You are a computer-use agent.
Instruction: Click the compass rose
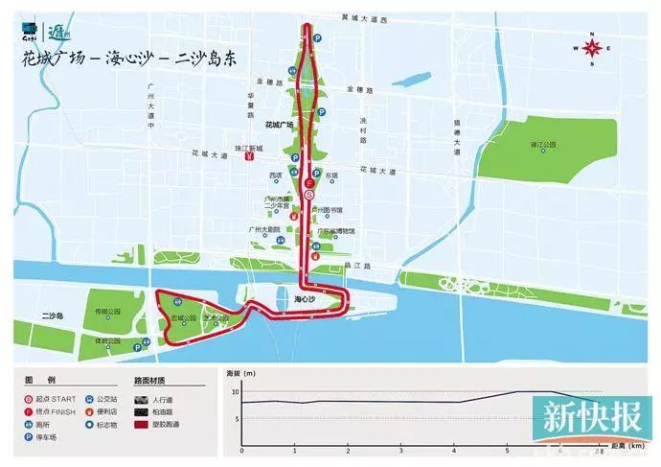[x=593, y=46]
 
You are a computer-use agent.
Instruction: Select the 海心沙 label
[x=306, y=300]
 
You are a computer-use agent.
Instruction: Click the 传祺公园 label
[x=105, y=312]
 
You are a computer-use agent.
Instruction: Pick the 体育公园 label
[x=105, y=339]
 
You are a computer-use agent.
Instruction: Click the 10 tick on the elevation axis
[x=236, y=391]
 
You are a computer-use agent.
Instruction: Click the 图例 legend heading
[x=34, y=379]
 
